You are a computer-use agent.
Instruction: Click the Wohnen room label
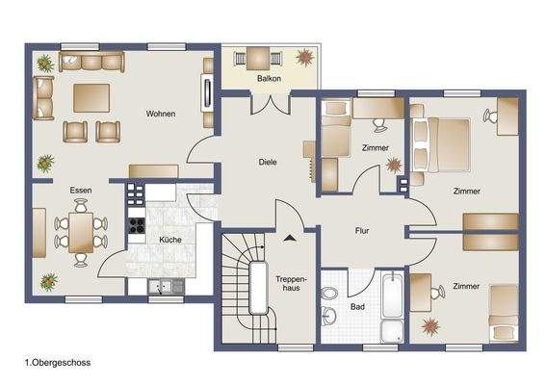click(x=161, y=115)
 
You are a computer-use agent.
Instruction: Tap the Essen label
click(x=80, y=191)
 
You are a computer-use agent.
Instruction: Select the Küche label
click(x=169, y=239)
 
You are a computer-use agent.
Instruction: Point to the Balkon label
click(x=269, y=79)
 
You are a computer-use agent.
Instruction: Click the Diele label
click(x=269, y=163)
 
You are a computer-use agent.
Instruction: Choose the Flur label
click(x=361, y=232)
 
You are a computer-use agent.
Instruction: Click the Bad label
click(x=358, y=307)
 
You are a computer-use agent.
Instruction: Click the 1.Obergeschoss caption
click(x=58, y=364)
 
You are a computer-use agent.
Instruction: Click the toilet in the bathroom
click(x=330, y=292)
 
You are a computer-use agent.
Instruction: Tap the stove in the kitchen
click(x=137, y=229)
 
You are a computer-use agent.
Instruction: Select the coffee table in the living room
click(x=93, y=97)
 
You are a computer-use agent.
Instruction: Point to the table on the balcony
click(x=257, y=56)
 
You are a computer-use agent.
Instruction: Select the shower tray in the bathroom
click(x=393, y=331)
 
